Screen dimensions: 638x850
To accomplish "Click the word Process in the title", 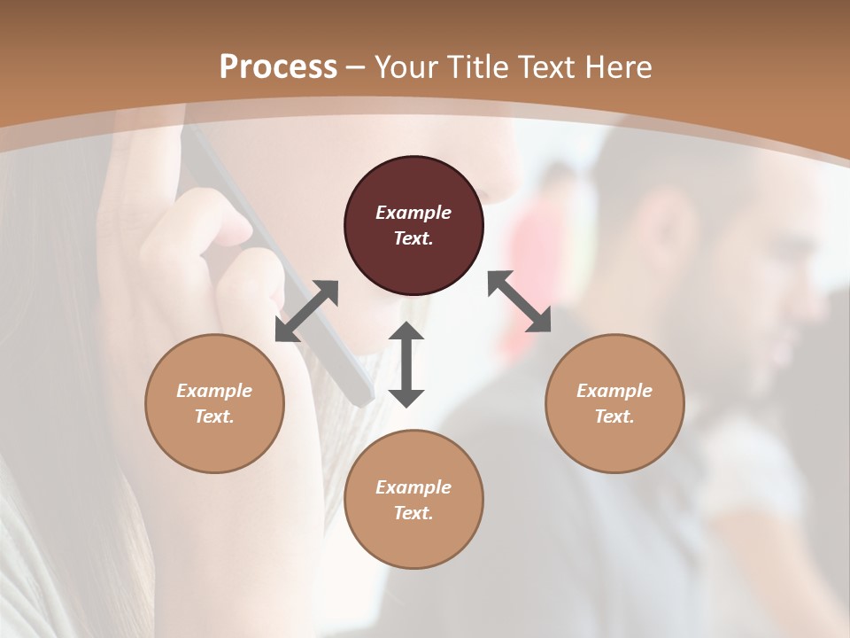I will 278,67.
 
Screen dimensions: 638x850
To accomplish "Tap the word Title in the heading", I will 469,67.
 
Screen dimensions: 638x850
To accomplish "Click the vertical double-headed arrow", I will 406,364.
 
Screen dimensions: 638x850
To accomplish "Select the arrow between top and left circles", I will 306,311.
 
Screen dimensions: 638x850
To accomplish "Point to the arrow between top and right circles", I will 519,302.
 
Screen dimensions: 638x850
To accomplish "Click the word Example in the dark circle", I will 413,213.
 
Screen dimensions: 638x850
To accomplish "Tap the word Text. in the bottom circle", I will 413,513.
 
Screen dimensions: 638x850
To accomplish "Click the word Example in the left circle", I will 214,391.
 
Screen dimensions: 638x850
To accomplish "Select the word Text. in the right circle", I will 614,416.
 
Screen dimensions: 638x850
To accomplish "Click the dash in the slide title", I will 356,67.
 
